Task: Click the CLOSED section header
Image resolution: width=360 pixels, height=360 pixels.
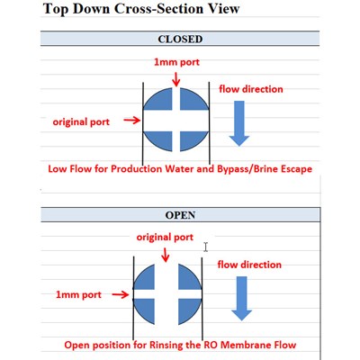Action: point(180,39)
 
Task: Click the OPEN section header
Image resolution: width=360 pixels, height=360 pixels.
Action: point(180,215)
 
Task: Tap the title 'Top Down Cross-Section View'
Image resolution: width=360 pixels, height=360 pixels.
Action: point(141,8)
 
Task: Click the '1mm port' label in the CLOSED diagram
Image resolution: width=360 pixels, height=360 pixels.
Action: point(176,62)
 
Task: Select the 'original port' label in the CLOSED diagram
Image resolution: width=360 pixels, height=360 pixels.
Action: point(81,121)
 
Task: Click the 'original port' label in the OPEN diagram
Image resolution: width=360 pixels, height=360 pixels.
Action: point(165,237)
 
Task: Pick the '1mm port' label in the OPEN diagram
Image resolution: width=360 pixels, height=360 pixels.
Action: point(78,294)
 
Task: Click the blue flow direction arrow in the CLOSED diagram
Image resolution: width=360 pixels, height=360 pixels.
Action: point(239,123)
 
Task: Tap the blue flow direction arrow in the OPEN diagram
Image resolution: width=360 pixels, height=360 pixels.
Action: point(242,299)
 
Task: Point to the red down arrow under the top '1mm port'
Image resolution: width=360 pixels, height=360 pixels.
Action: point(176,79)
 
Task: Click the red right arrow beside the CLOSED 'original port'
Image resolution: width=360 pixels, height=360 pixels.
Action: point(132,121)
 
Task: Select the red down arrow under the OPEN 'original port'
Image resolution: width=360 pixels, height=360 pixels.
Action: point(166,255)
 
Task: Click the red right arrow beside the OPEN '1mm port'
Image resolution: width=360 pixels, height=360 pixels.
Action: point(121,295)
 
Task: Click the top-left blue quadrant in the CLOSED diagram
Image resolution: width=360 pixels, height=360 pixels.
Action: point(160,100)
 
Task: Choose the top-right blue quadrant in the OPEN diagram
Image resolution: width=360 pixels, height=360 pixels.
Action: point(188,278)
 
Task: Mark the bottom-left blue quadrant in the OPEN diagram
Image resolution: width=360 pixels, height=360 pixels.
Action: point(145,310)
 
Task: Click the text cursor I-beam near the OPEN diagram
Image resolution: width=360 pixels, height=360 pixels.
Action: point(205,247)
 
